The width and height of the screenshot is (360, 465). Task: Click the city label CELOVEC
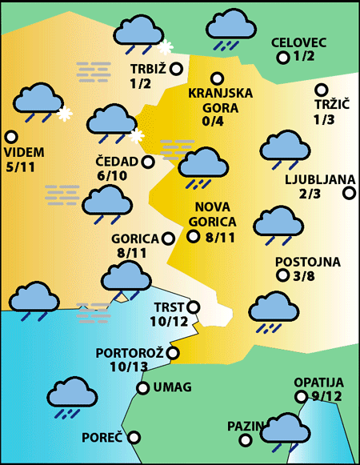pyautogui.click(x=300, y=42)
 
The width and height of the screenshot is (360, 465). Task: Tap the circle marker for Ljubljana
pyautogui.click(x=349, y=192)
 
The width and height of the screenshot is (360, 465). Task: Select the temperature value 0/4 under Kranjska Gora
pyautogui.click(x=214, y=122)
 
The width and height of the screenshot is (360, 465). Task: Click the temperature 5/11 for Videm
pyautogui.click(x=20, y=167)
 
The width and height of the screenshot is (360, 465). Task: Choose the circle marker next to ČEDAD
pyautogui.click(x=147, y=162)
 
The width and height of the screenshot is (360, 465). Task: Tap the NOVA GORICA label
pyautogui.click(x=213, y=214)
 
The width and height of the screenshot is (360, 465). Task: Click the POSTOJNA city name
pyautogui.click(x=307, y=262)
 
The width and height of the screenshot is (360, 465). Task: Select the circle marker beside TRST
pyautogui.click(x=193, y=307)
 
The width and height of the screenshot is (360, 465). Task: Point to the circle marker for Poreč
pyautogui.click(x=134, y=437)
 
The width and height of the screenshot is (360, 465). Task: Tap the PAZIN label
pyautogui.click(x=242, y=426)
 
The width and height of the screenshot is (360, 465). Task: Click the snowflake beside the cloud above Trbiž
pyautogui.click(x=166, y=47)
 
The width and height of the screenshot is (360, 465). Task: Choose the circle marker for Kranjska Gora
pyautogui.click(x=216, y=78)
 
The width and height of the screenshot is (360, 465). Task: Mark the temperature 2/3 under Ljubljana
pyautogui.click(x=310, y=193)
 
